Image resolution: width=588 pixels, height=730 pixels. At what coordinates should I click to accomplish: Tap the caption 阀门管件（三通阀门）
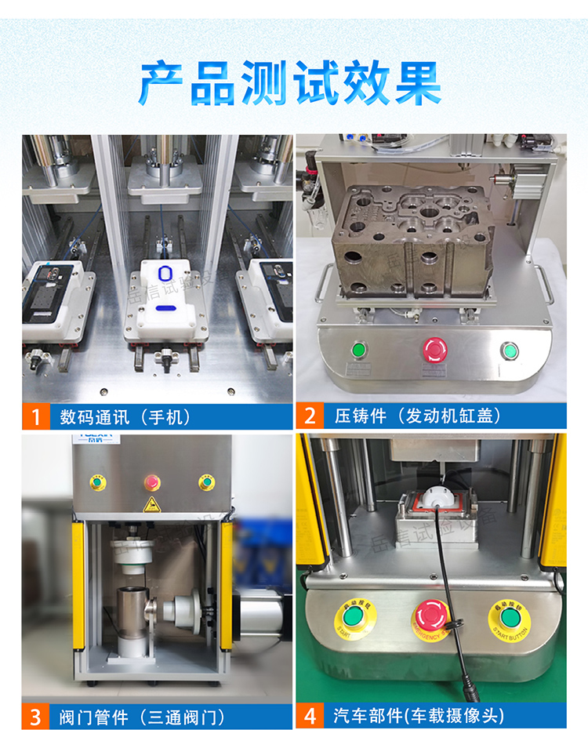(x=142, y=716)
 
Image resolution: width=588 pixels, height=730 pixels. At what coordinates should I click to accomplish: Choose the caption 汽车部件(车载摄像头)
(x=419, y=716)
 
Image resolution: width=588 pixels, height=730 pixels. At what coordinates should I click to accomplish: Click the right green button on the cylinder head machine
(x=510, y=350)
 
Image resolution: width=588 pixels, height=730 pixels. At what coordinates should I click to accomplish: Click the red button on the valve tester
(x=151, y=481)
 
